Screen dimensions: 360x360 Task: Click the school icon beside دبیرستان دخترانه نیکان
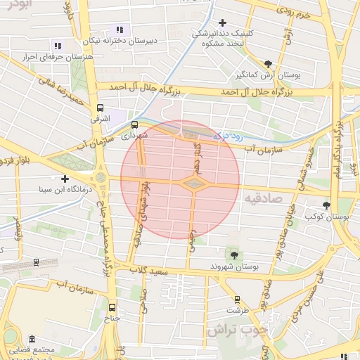120,30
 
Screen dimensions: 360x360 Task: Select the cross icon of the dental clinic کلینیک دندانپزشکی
223,23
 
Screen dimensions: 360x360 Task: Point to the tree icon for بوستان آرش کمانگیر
268,64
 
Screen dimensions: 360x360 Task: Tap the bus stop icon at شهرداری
135,124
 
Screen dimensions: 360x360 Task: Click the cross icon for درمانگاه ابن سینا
65,179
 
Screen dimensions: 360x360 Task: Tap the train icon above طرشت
237,299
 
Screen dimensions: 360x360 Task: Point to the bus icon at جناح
112,307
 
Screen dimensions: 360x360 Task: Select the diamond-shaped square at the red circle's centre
193,183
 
